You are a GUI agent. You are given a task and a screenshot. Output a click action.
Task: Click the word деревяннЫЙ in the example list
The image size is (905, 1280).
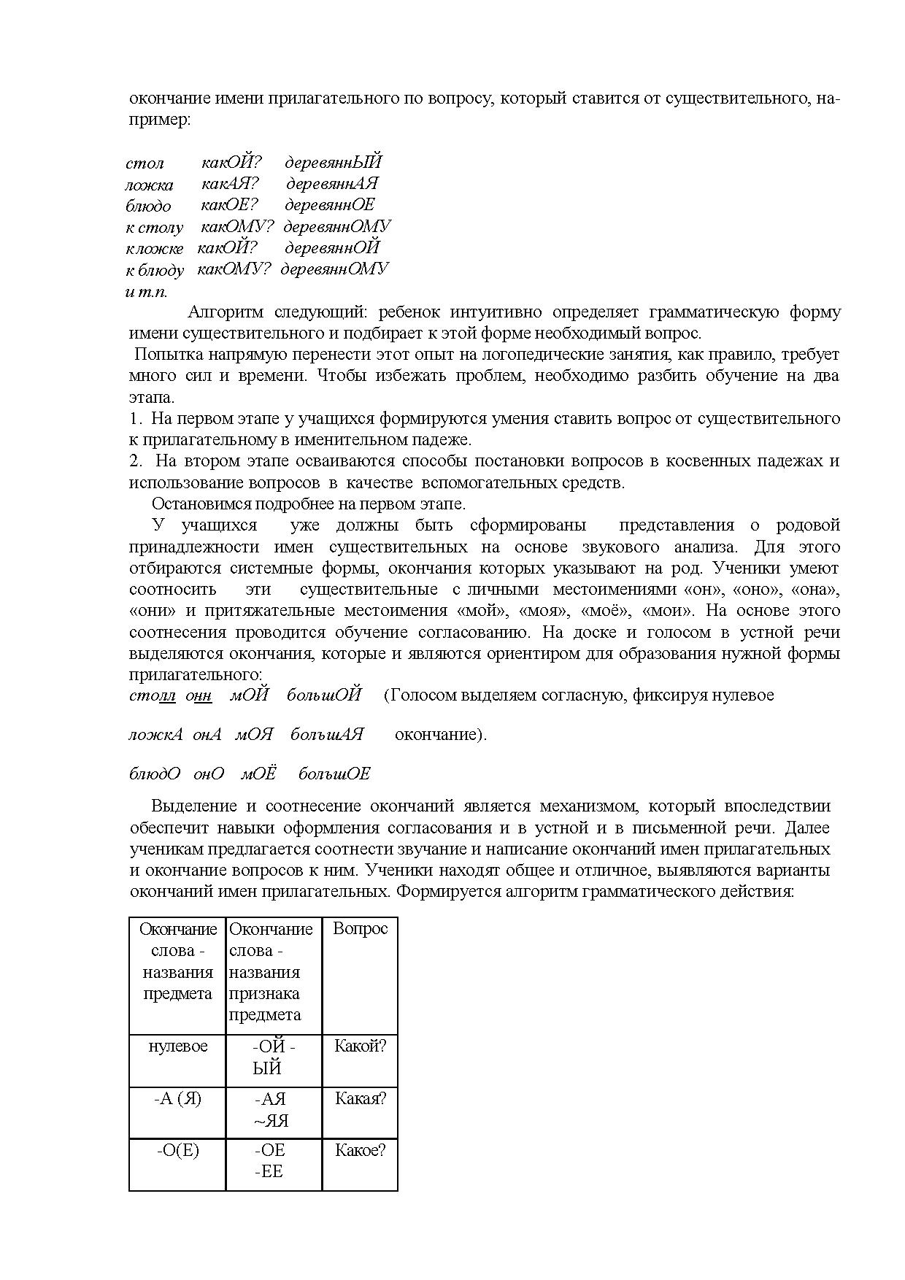333,162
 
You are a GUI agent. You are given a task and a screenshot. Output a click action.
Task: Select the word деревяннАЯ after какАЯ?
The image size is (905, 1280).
332,183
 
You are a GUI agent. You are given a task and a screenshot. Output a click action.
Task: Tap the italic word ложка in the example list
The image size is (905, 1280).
149,185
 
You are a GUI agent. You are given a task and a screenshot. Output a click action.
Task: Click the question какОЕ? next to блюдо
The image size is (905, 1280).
229,205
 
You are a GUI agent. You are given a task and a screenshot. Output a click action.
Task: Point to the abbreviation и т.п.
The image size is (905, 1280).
146,292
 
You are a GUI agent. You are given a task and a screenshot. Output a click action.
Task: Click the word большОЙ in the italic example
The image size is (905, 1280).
323,695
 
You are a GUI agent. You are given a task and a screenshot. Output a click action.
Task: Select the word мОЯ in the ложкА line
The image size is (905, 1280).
253,734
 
